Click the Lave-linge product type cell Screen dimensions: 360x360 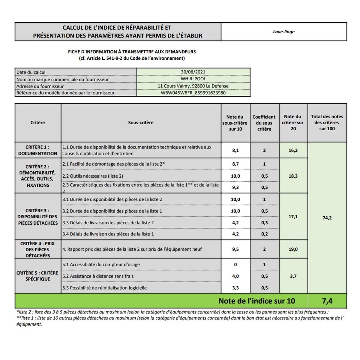pyautogui.click(x=283, y=32)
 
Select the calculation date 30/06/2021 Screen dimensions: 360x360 pyautogui.click(x=193, y=72)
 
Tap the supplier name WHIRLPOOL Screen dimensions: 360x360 pyautogui.click(x=193, y=79)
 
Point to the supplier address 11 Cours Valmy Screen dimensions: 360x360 pyautogui.click(x=193, y=86)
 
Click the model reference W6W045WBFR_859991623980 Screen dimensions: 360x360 pyautogui.click(x=193, y=93)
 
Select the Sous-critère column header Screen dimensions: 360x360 pyautogui.click(x=141, y=123)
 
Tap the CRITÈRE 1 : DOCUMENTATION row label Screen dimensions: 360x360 pyautogui.click(x=37, y=150)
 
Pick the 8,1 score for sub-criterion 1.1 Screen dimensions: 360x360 pyautogui.click(x=235, y=150)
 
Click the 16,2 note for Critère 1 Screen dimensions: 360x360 pyautogui.click(x=293, y=150)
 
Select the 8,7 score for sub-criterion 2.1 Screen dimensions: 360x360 pyautogui.click(x=235, y=164)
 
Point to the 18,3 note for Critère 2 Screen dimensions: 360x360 pyautogui.click(x=293, y=176)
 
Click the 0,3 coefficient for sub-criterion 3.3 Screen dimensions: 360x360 pyautogui.click(x=264, y=223)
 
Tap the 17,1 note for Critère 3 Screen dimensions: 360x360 pyautogui.click(x=293, y=217)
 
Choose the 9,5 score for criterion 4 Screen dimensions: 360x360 pyautogui.click(x=235, y=249)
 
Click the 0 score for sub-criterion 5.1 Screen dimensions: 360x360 pyautogui.click(x=235, y=265)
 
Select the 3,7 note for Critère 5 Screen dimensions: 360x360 pyautogui.click(x=293, y=276)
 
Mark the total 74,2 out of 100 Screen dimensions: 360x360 pyautogui.click(x=327, y=218)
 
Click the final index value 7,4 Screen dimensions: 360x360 pyautogui.click(x=327, y=301)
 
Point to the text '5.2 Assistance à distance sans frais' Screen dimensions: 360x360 pyautogui.click(x=98, y=276)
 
